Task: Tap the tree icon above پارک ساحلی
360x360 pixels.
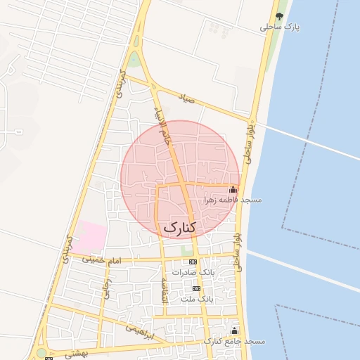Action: pyautogui.click(x=280, y=15)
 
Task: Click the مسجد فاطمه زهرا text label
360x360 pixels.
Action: pyautogui.click(x=233, y=200)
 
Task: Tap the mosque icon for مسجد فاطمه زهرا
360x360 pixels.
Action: pyautogui.click(x=233, y=189)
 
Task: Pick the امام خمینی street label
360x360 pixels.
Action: pyautogui.click(x=102, y=261)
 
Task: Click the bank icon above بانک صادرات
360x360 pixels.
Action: pyautogui.click(x=193, y=262)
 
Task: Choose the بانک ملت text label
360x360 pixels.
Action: pyautogui.click(x=196, y=300)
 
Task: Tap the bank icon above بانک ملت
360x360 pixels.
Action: pyautogui.click(x=196, y=289)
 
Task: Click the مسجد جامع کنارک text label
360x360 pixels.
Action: pyautogui.click(x=235, y=341)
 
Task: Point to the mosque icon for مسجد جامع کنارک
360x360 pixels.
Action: pyautogui.click(x=235, y=330)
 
